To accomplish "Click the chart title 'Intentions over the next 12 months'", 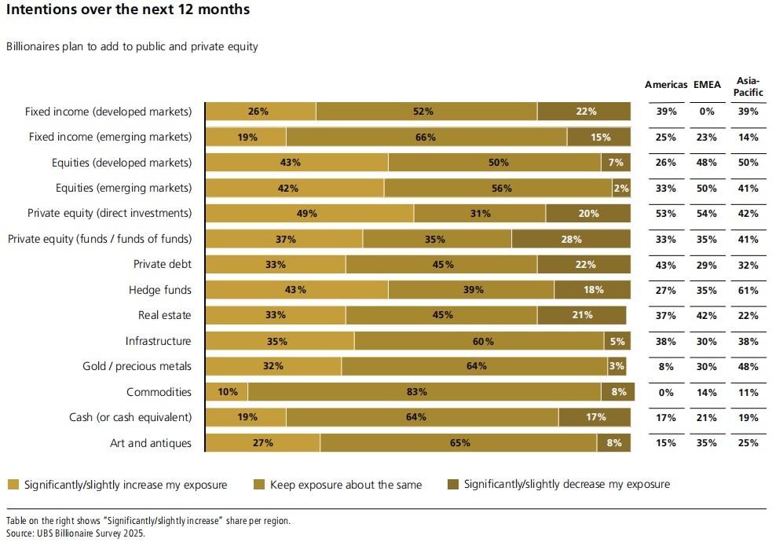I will [128, 10].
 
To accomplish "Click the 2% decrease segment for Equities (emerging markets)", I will [621, 189].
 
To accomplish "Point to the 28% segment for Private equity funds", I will [571, 240].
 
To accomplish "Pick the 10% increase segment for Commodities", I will [227, 392].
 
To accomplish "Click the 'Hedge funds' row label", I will [160, 290].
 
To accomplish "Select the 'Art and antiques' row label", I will [150, 443].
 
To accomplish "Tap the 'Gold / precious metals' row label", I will [137, 366].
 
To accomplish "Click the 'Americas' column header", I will [666, 85].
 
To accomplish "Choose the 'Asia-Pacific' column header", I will [748, 86].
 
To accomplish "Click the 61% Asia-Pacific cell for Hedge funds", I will [748, 290].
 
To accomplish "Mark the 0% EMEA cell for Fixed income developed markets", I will [707, 112].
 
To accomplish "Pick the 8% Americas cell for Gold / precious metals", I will [666, 366].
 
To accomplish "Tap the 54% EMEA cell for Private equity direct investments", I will [707, 214].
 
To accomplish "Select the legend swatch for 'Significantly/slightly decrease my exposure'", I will [452, 484].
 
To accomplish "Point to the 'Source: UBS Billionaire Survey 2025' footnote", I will [75, 533].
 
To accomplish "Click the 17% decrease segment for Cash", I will [595, 417].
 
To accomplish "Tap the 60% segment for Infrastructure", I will [479, 341].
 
